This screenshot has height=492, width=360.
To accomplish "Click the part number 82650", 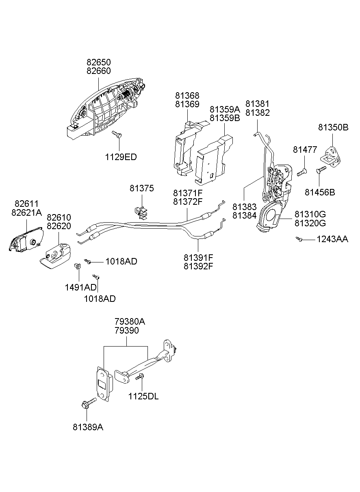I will (x=98, y=62).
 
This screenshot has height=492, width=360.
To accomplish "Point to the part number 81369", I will (x=187, y=104).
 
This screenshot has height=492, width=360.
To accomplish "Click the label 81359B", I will (x=225, y=118).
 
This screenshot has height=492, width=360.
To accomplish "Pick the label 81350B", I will (x=333, y=127).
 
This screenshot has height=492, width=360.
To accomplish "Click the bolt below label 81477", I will (x=301, y=172).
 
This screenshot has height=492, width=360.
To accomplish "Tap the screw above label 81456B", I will (x=321, y=170).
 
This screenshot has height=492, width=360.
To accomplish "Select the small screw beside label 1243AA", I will (x=299, y=240).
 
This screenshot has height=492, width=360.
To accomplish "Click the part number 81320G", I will (x=310, y=223).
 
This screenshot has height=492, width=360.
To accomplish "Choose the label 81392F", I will (x=199, y=267).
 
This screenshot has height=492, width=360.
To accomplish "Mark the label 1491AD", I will (x=81, y=288).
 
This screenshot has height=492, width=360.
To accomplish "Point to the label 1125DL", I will (x=143, y=396).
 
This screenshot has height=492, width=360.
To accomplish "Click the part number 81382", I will (x=257, y=113).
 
